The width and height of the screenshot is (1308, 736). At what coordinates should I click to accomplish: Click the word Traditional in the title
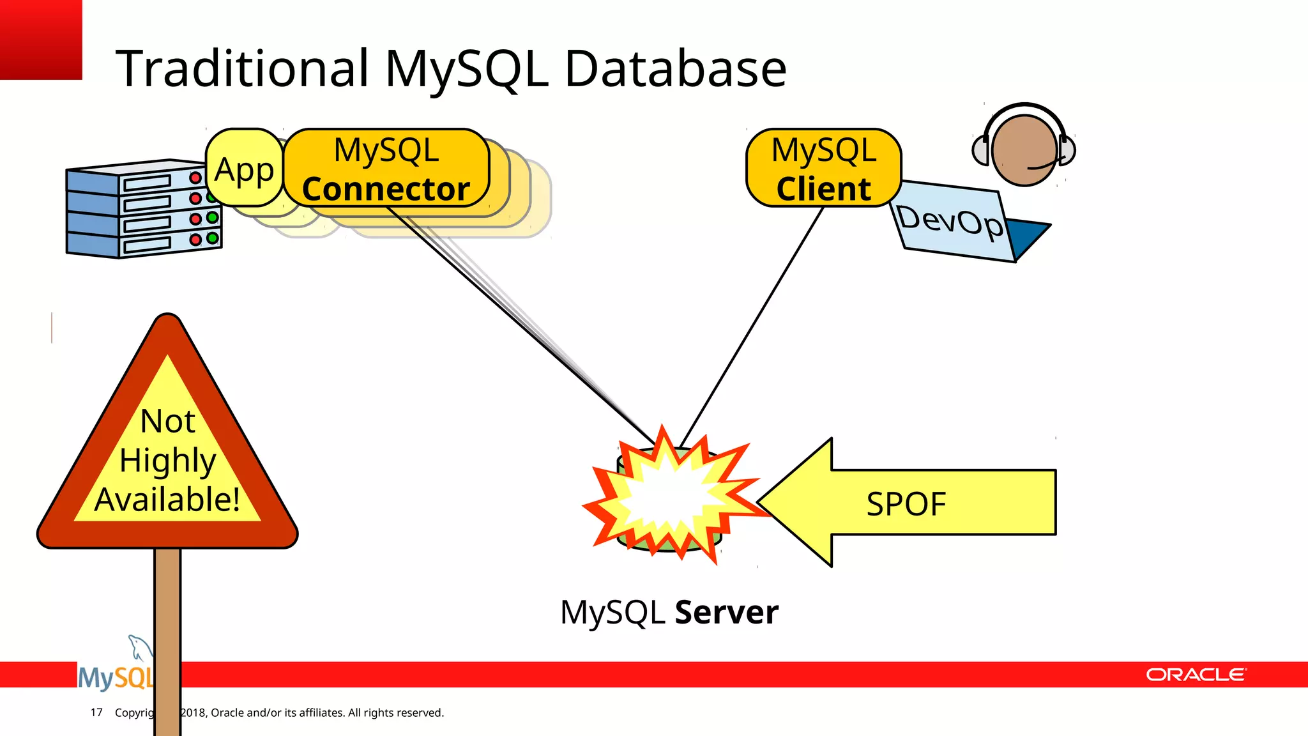243,68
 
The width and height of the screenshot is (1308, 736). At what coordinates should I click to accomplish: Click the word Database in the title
675,68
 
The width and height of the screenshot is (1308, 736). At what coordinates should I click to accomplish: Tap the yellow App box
244,169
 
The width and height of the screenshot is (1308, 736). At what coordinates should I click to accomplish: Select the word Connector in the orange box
386,189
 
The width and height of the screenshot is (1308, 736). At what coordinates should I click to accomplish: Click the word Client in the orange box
823,189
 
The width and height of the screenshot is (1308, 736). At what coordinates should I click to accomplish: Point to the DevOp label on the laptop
949,221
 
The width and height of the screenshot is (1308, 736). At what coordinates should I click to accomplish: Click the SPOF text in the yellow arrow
906,503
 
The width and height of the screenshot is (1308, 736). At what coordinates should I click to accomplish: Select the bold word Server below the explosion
726,612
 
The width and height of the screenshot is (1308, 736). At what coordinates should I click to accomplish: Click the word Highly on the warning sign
167,460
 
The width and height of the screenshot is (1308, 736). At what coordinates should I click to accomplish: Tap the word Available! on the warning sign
167,499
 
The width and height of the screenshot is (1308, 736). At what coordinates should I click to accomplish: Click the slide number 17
96,712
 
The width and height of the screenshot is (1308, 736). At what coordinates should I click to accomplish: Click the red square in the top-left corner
41,40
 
